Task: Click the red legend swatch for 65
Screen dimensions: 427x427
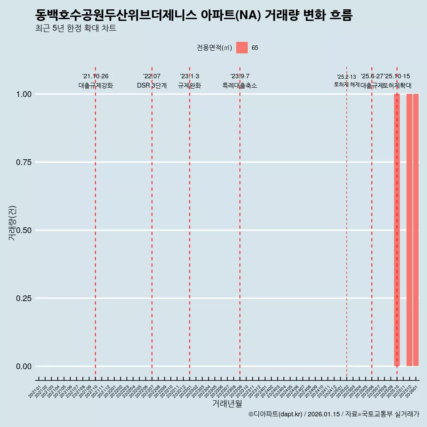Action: click(x=242, y=48)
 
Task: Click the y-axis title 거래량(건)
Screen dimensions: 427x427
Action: click(x=12, y=223)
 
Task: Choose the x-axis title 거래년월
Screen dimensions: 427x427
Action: click(x=227, y=403)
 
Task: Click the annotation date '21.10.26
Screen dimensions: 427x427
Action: click(x=95, y=76)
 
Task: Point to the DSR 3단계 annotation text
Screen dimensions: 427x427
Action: click(x=152, y=85)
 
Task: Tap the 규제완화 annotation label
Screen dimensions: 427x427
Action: click(x=189, y=85)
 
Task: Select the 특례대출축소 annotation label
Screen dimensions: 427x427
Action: click(x=240, y=85)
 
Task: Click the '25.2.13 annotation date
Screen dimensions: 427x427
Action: click(x=346, y=77)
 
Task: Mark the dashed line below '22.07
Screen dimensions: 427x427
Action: click(x=152, y=222)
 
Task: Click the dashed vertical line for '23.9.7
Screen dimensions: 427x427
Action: click(x=240, y=222)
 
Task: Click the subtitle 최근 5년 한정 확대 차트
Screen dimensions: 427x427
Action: click(x=76, y=28)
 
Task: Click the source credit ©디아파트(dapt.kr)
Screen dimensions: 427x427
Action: click(x=275, y=414)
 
